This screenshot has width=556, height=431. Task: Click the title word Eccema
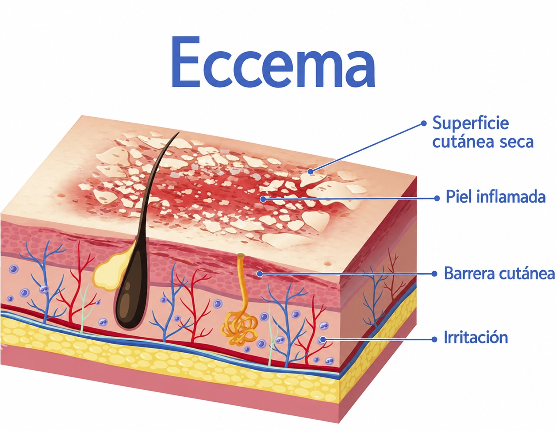click(x=273, y=62)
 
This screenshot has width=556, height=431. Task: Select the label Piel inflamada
click(x=496, y=197)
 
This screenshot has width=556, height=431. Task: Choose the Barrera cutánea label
click(x=499, y=273)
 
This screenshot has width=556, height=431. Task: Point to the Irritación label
click(x=476, y=337)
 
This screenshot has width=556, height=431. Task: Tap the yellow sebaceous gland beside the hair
click(x=109, y=272)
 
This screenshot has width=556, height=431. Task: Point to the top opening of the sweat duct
click(x=241, y=255)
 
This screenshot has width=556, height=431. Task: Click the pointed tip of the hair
click(x=179, y=133)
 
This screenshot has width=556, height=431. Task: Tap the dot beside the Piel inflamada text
click(x=437, y=198)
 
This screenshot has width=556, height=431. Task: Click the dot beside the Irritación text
click(x=434, y=339)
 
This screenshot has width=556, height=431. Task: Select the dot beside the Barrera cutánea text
click(x=434, y=274)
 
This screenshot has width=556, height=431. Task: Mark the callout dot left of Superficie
click(x=424, y=124)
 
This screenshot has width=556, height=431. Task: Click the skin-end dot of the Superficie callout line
click(x=311, y=172)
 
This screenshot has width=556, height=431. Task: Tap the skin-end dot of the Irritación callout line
click(x=323, y=340)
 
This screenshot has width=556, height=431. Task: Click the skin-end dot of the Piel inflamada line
click(x=264, y=199)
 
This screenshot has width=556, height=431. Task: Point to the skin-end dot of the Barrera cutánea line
click(x=260, y=274)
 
